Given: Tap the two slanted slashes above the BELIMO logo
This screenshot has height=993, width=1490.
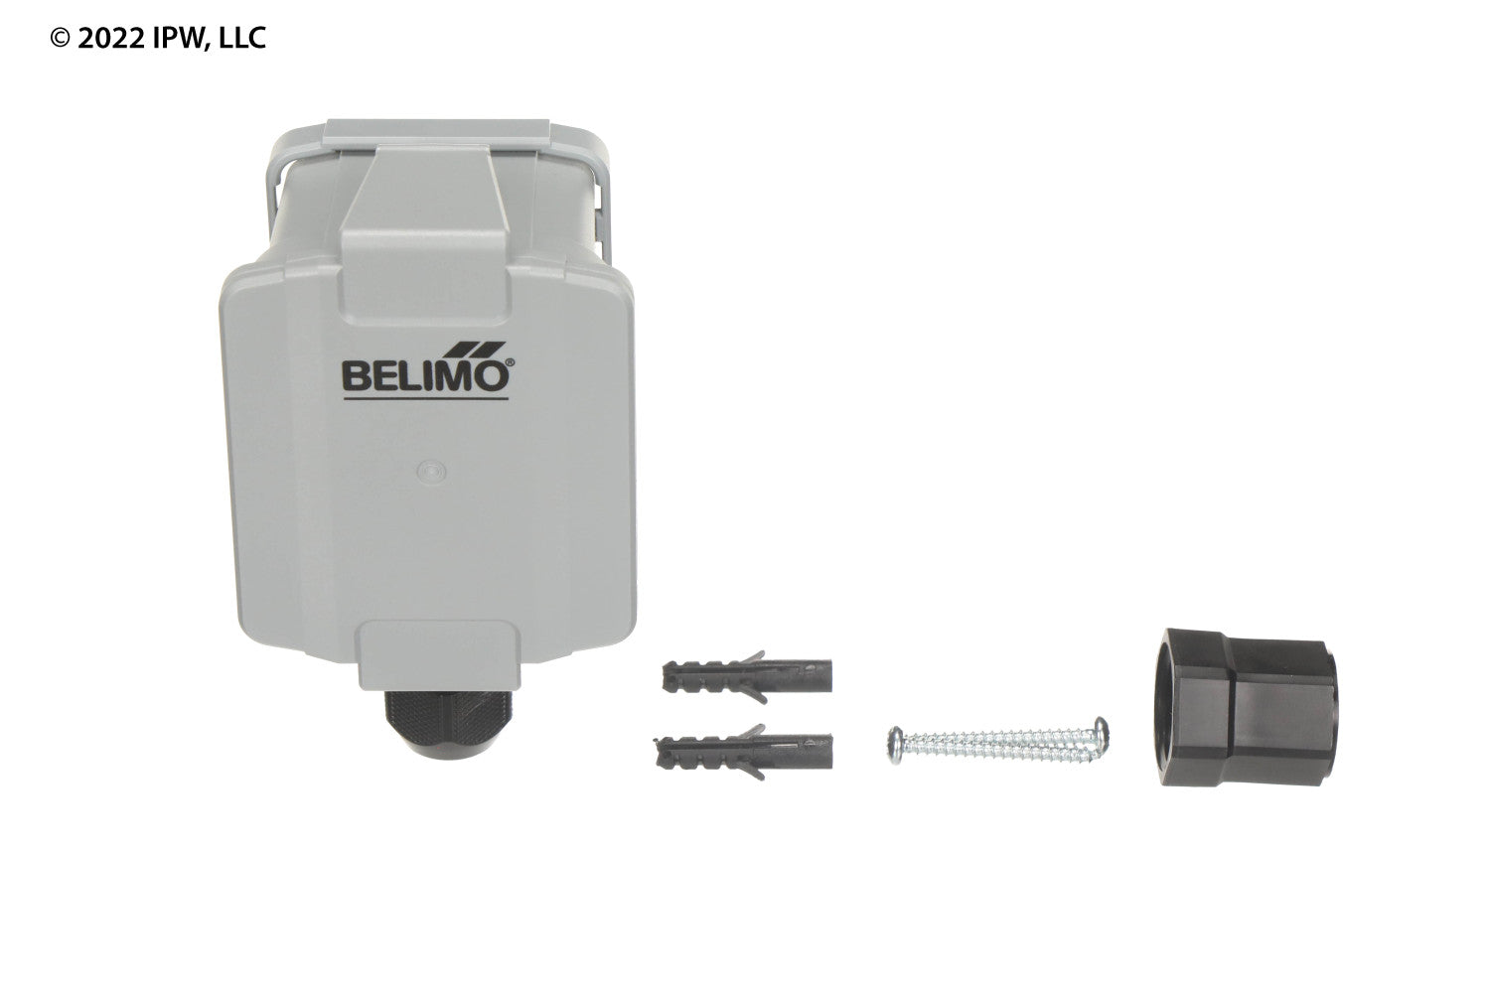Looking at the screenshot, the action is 476,350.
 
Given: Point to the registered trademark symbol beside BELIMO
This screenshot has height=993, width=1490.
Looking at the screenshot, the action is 511,363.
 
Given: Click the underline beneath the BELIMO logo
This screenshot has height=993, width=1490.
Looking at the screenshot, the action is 426,399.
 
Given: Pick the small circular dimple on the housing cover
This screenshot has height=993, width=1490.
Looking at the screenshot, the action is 431,472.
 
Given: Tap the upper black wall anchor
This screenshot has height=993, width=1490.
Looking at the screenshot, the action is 747,677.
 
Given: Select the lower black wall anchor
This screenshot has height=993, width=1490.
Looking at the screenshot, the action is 744,752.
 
